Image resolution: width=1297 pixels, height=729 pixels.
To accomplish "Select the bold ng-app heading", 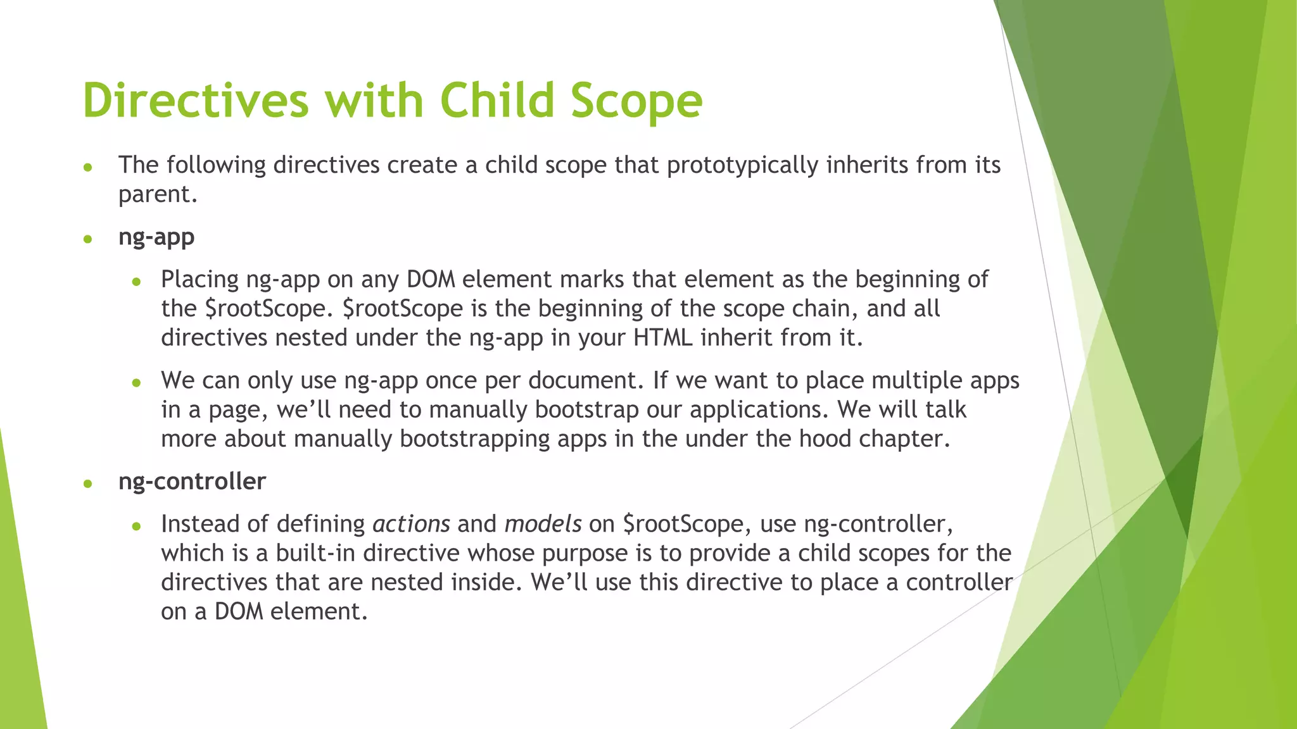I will (x=156, y=237).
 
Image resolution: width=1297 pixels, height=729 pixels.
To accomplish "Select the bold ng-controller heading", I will (x=192, y=482).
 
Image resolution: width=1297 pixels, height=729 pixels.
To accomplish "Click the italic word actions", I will (x=411, y=524).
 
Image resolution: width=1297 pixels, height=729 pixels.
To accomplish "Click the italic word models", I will (x=543, y=524).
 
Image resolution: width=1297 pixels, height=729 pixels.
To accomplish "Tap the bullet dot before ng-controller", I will (x=88, y=484).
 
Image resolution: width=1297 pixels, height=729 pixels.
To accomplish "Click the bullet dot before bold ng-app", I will (x=88, y=239).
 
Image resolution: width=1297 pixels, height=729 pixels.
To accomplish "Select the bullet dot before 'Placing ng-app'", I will (x=136, y=282).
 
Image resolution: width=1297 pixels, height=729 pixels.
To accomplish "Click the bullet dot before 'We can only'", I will (x=136, y=383).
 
